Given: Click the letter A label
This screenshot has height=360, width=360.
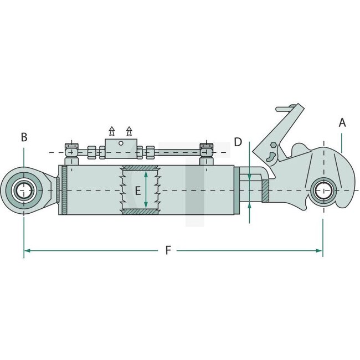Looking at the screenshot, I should [342, 123].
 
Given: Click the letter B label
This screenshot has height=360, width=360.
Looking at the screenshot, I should [24, 137].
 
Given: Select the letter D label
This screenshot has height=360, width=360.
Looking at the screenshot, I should [238, 142].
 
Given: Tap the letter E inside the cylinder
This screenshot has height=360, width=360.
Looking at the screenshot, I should [137, 192].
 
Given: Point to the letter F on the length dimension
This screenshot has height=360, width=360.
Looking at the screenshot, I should [168, 250].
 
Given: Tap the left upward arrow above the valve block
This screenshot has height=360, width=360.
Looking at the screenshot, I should [111, 131].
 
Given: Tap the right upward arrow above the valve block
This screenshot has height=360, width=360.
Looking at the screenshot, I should [130, 131].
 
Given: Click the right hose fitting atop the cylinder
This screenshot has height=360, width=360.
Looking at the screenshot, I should [207, 151].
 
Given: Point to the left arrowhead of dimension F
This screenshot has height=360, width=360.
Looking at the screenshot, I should [27, 250].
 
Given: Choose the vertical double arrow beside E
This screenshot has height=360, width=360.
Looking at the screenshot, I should [146, 190].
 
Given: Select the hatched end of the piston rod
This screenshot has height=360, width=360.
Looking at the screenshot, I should [266, 192].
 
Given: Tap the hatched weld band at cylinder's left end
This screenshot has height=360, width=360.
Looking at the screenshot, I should [65, 191].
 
